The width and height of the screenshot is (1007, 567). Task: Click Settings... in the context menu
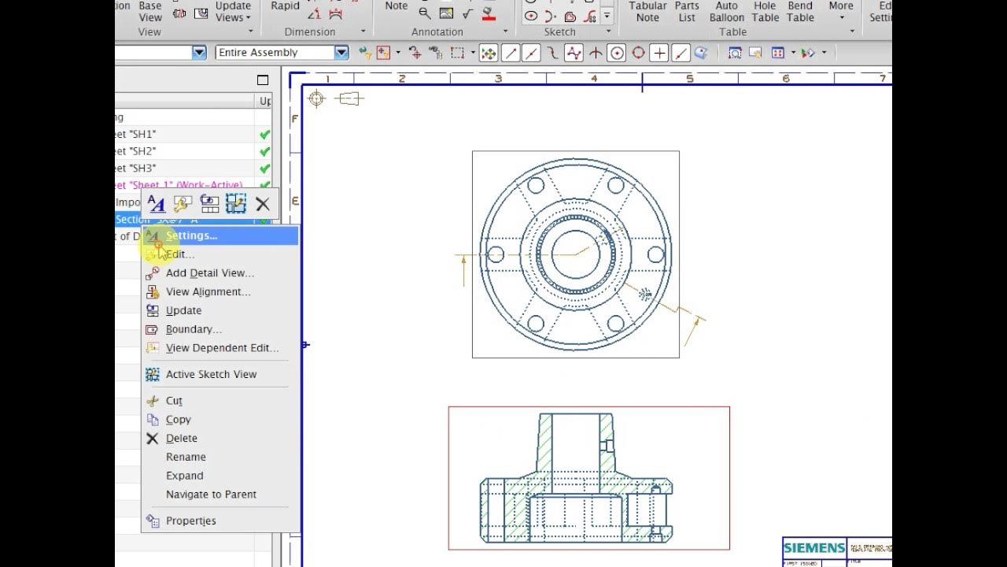[x=191, y=235]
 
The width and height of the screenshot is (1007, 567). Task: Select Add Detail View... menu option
[x=209, y=273]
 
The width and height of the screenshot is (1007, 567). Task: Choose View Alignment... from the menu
[x=208, y=292]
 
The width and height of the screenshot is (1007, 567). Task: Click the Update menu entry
[x=183, y=310]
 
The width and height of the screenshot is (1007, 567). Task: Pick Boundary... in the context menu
[x=194, y=329]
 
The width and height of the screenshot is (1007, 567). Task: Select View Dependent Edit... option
[x=222, y=348]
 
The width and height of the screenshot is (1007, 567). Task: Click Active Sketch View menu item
[x=211, y=374]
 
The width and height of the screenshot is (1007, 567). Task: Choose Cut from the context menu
[x=174, y=401]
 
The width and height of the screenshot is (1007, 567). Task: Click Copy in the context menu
[x=178, y=420]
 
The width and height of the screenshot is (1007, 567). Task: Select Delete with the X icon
[x=181, y=439]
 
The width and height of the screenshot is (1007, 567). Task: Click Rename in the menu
[x=186, y=457]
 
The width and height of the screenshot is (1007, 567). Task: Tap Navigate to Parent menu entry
[x=211, y=495]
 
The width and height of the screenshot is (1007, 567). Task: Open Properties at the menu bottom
[x=190, y=521]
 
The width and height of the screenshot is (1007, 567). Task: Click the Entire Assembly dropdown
[x=282, y=53]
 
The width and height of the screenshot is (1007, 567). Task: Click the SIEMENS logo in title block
[x=813, y=548]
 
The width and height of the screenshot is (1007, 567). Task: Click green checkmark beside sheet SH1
[x=265, y=135]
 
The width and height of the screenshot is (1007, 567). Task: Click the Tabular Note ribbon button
[x=647, y=12]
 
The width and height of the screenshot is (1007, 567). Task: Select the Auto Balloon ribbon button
[x=726, y=12]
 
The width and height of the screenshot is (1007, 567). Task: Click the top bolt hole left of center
[x=536, y=186]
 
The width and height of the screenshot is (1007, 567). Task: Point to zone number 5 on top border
[x=690, y=79]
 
